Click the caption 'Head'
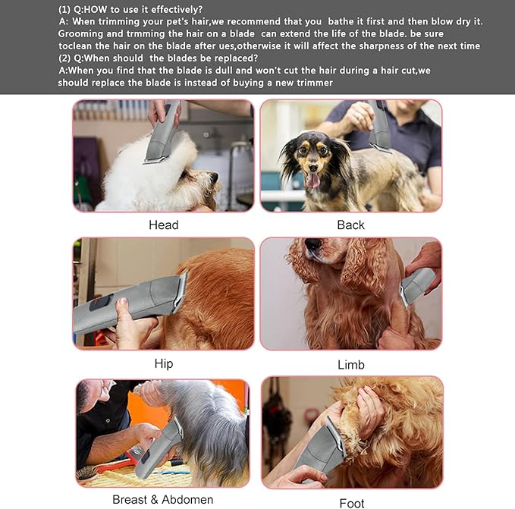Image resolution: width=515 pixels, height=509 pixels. tap(163, 225)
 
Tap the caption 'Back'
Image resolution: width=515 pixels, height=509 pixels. tap(350, 225)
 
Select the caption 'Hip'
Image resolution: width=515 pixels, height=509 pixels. tap(163, 363)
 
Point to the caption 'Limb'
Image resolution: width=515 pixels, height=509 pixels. tap(350, 365)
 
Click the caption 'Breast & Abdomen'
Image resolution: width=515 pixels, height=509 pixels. tap(162, 499)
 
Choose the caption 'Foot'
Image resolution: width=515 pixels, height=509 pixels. tap(351, 502)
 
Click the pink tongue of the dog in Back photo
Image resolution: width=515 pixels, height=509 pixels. tap(312, 180)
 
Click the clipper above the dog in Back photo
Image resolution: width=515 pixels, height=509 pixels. tap(378, 125)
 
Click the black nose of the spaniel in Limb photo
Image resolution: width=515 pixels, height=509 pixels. tap(312, 245)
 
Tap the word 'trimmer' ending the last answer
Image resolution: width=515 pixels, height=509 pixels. tap(312, 82)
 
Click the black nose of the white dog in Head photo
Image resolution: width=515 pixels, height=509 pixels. tap(214, 180)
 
